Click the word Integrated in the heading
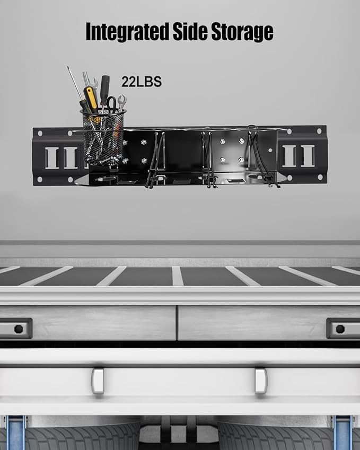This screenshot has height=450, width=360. [x=127, y=32]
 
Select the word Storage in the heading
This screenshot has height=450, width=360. [x=242, y=32]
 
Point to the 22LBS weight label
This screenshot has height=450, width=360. [x=142, y=82]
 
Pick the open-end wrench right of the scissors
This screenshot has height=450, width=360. [x=121, y=103]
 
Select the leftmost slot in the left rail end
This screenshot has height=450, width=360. [x=52, y=157]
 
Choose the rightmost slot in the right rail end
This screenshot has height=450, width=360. [x=308, y=156]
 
